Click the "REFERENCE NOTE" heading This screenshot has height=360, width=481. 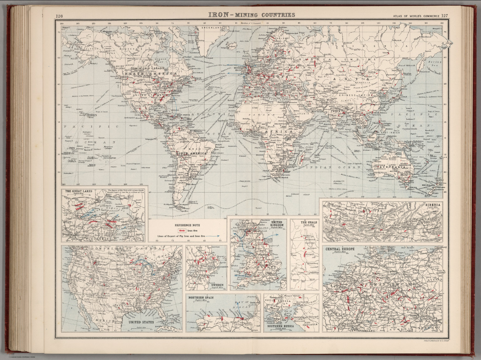coord(187,225)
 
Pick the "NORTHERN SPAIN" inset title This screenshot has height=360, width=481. coord(201,297)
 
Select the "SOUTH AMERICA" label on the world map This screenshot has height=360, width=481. coord(192,153)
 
